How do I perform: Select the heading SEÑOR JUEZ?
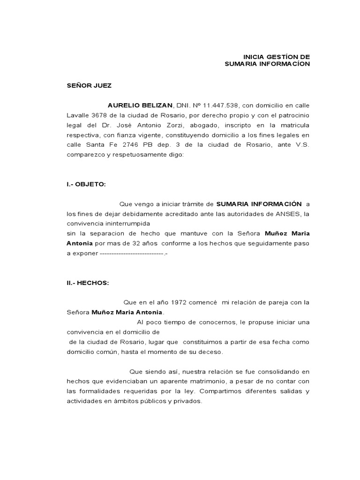click(x=89, y=85)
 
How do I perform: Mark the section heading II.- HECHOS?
click(x=88, y=283)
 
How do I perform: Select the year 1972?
click(x=181, y=302)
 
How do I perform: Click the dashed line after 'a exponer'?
click(x=133, y=253)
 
